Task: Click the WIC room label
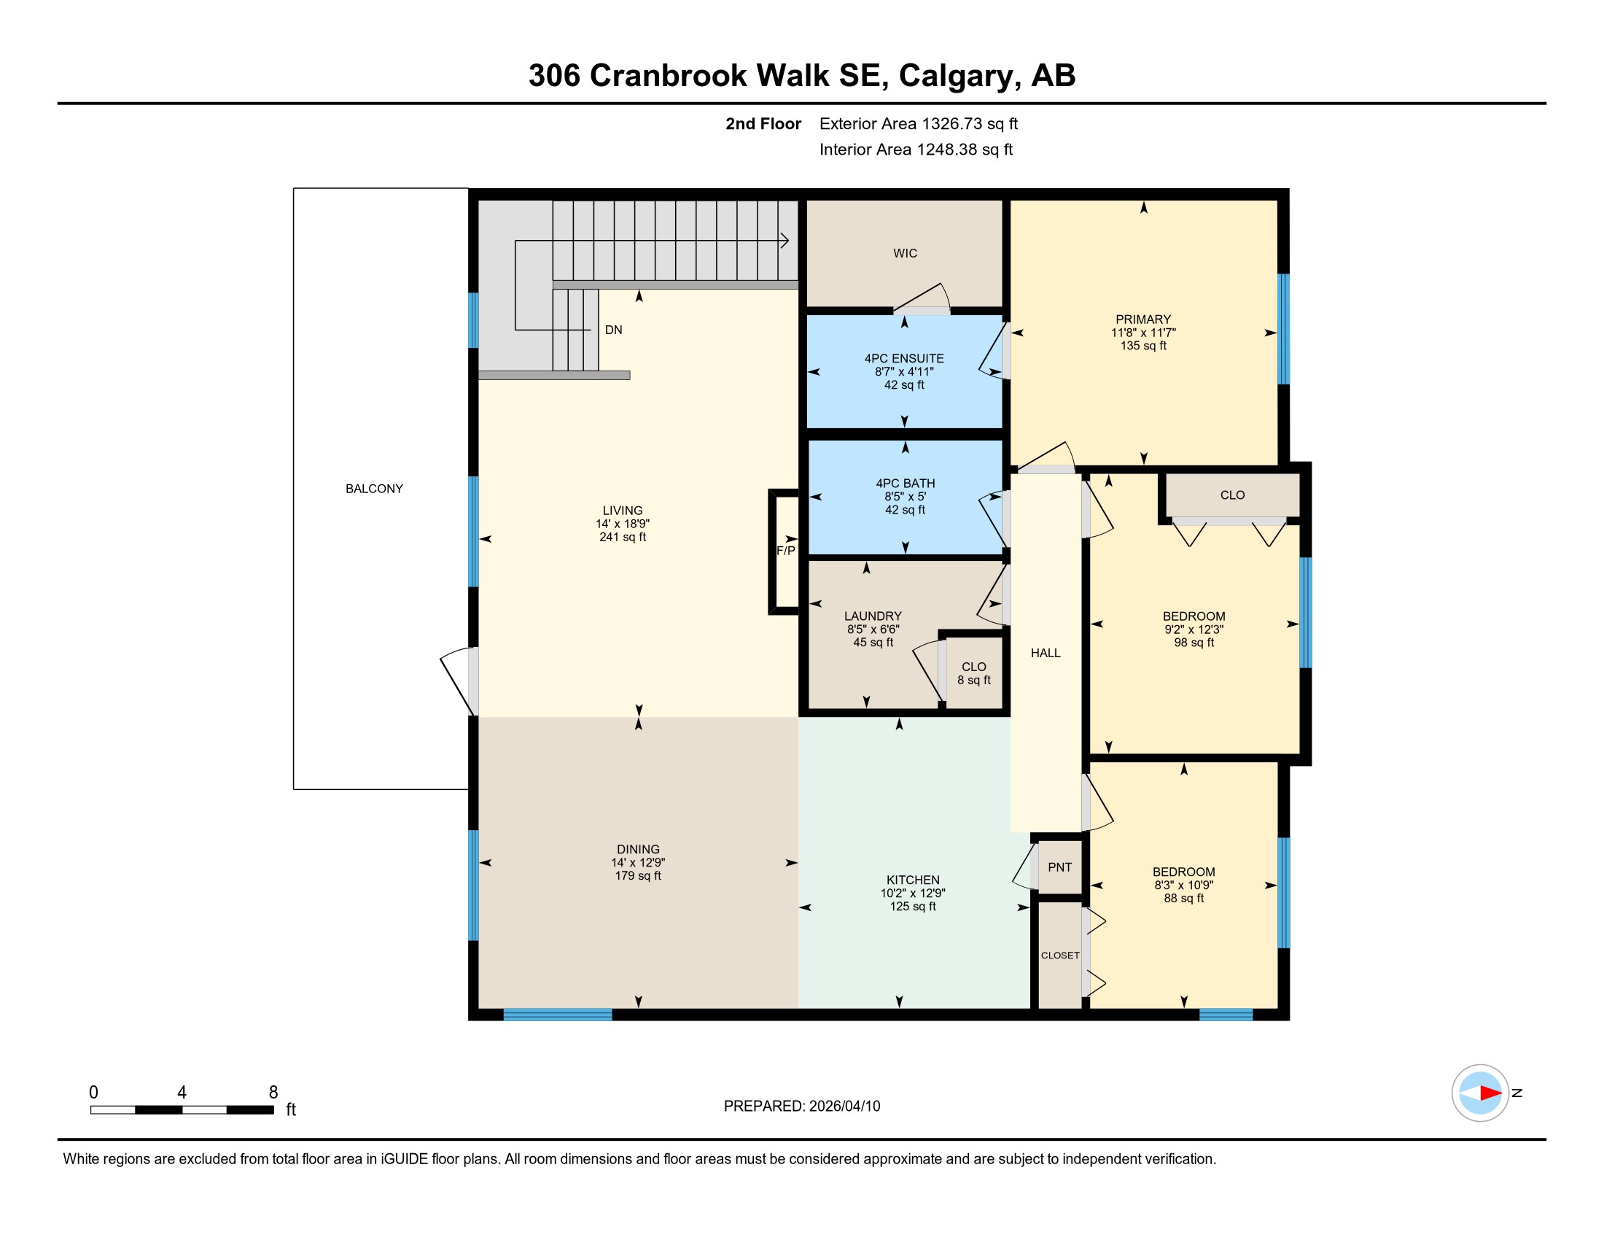tap(905, 253)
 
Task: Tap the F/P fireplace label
tap(786, 551)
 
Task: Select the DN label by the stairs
tap(613, 330)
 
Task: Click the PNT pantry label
tap(1060, 867)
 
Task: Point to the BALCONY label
tap(375, 489)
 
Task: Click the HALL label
tap(1046, 653)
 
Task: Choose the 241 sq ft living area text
tap(623, 537)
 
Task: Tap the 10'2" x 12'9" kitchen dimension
tap(913, 894)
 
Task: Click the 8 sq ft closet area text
tap(974, 681)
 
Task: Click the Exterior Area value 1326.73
tap(951, 123)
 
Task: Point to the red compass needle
tap(1491, 1093)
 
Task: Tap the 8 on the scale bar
tap(273, 1093)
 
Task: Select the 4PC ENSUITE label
tap(904, 358)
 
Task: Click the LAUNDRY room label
tap(873, 616)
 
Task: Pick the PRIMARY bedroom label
tap(1142, 319)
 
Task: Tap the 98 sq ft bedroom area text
tap(1194, 643)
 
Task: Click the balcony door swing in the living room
tap(456, 681)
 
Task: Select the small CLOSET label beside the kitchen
tap(1060, 956)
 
